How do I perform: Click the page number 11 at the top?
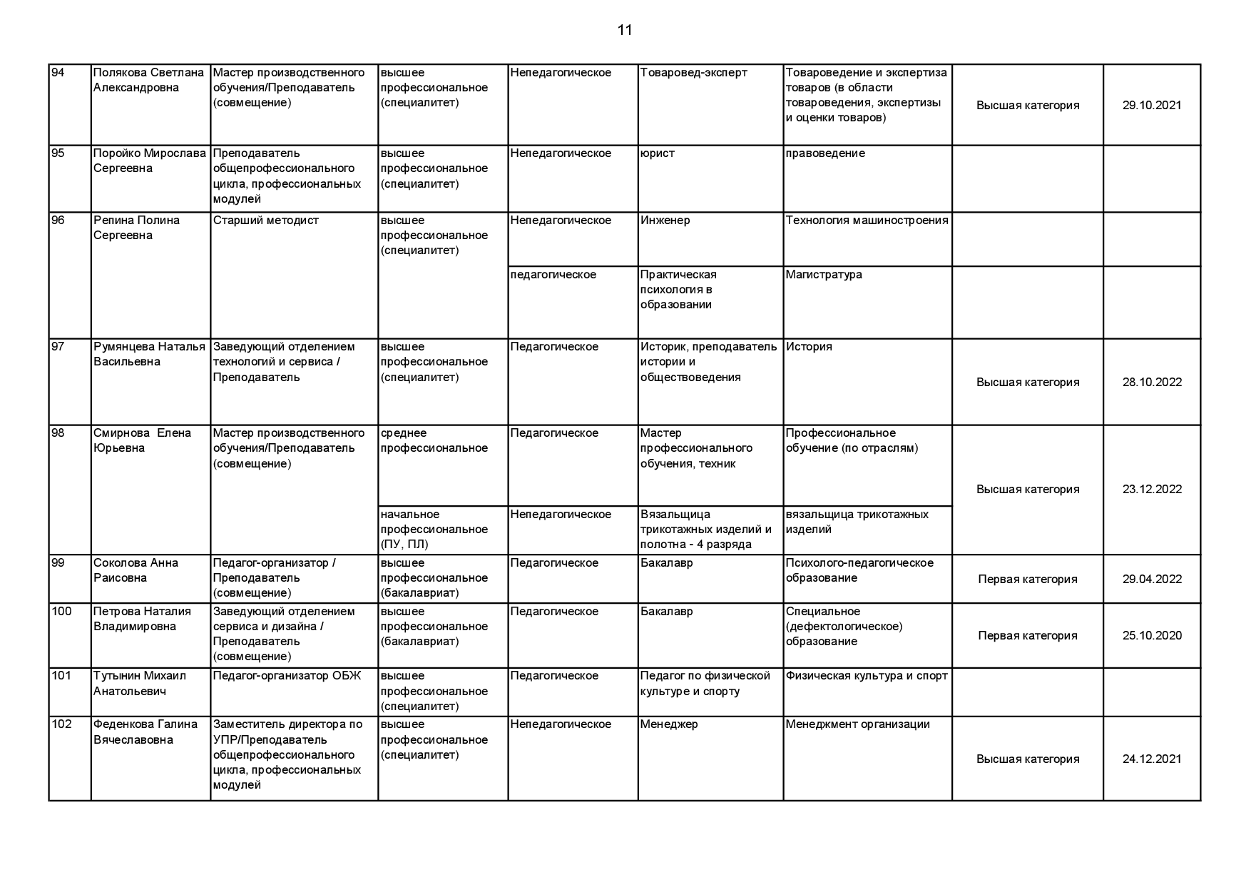click(x=625, y=30)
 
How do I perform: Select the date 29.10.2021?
click(x=1151, y=105)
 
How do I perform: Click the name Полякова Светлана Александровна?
click(x=148, y=80)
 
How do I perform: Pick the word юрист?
click(x=657, y=153)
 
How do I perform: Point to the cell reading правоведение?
click(x=825, y=153)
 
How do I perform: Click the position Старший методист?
click(x=265, y=221)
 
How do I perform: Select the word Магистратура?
click(x=824, y=275)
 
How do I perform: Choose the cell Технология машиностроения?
click(x=867, y=221)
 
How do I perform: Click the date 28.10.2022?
click(x=1151, y=382)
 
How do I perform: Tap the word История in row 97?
click(x=809, y=347)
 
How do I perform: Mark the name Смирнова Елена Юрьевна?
click(x=142, y=440)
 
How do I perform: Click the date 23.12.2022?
click(x=1151, y=489)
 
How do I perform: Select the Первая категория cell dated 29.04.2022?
click(x=1027, y=579)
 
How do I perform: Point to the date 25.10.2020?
click(x=1151, y=635)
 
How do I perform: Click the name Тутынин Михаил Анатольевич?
click(x=139, y=683)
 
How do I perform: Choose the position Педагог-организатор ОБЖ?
click(x=287, y=676)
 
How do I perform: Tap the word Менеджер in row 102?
click(x=669, y=724)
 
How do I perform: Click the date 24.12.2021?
click(x=1151, y=759)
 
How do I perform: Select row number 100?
click(x=62, y=612)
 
